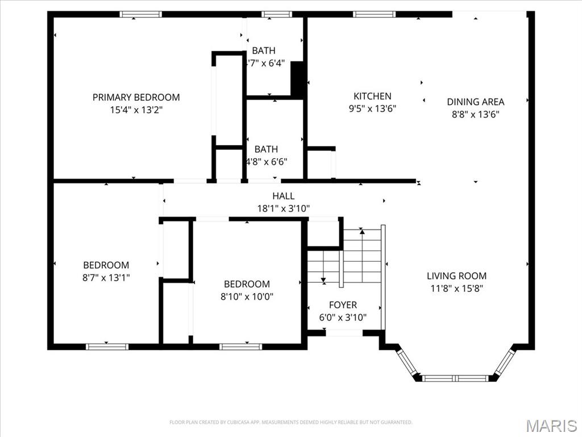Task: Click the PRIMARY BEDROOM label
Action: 136,97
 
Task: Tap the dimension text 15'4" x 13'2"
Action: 136,110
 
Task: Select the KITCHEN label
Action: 372,96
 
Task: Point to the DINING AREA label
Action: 475,102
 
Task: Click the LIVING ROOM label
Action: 456,276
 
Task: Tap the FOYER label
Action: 343,305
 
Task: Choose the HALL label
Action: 283,196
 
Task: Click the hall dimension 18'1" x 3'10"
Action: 283,209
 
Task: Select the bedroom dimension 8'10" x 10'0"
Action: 247,296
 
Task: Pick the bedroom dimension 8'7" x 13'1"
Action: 106,277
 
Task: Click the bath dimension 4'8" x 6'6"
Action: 266,162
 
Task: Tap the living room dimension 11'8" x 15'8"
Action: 456,288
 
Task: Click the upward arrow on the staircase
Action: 362,232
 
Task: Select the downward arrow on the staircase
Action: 323,280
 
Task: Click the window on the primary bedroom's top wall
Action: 140,14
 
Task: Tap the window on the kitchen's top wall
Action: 373,14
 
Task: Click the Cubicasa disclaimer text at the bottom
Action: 290,422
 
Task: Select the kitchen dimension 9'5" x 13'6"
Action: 372,109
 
